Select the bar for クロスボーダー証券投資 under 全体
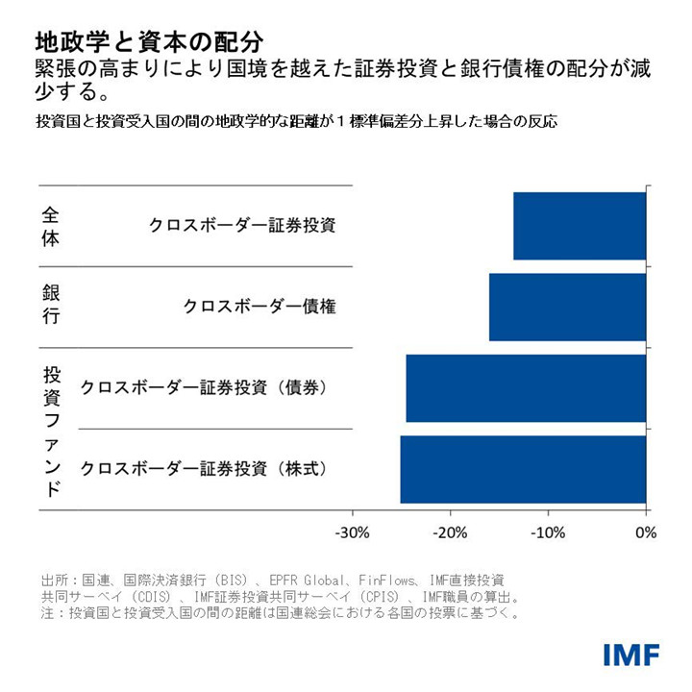tap(580, 226)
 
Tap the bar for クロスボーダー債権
tap(567, 308)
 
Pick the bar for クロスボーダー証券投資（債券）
tap(526, 388)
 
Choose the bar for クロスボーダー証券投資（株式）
tap(523, 469)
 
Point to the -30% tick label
tap(352, 532)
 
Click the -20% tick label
tap(450, 532)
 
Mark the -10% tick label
tap(548, 532)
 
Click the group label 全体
tap(51, 226)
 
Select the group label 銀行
tap(51, 307)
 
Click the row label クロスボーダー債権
tap(259, 308)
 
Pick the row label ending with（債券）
tap(205, 388)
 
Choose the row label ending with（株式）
tap(205, 469)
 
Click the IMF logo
tap(631, 655)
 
